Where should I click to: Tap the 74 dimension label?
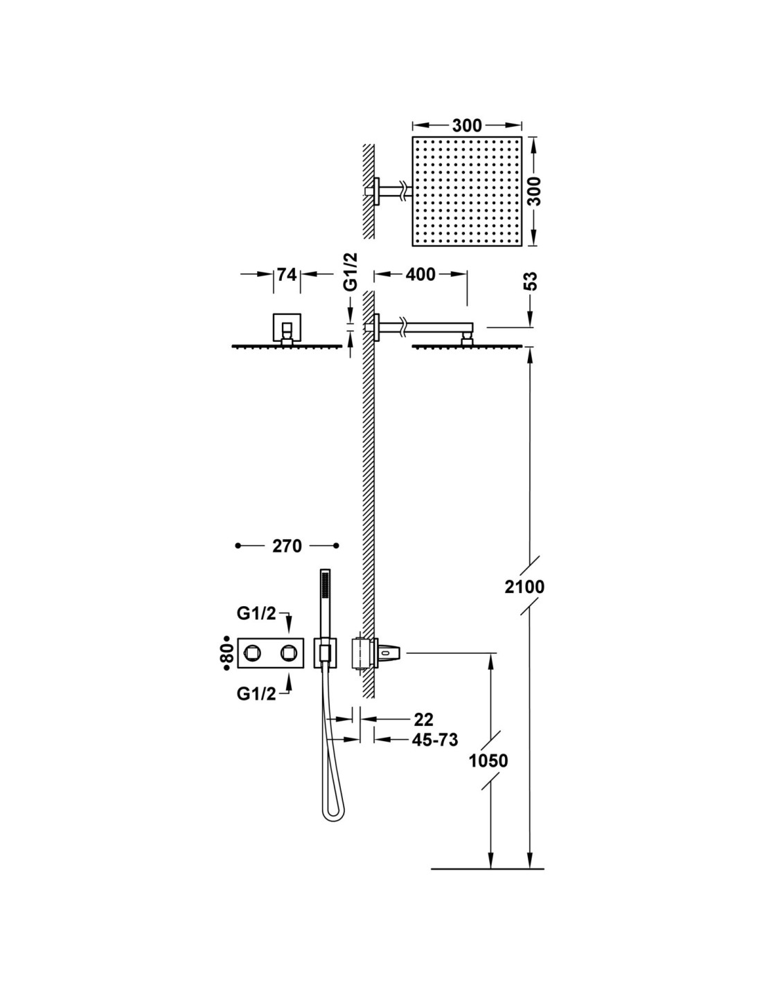286,275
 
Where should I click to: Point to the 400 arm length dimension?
421,275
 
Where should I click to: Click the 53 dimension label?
531,281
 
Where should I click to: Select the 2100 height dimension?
524,587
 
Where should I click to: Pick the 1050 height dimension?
488,760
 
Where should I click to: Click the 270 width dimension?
287,546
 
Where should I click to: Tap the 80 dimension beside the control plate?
226,653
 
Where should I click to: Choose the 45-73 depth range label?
435,740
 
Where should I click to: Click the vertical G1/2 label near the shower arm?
351,272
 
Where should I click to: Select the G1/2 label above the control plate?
256,613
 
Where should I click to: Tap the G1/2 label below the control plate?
256,693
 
